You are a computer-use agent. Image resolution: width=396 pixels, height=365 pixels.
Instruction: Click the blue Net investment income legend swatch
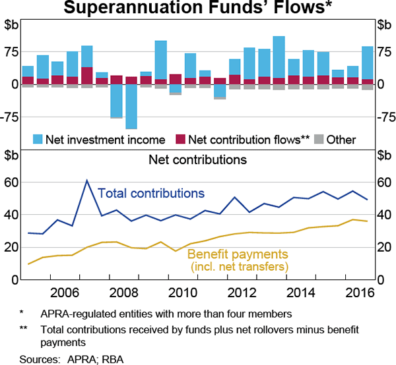(39, 140)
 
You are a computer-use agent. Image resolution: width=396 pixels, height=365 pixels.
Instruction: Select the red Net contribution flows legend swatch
(180, 140)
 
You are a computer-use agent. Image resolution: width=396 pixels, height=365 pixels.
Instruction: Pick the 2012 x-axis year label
(238, 293)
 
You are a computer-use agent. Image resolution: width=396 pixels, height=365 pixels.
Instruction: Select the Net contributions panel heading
(197, 159)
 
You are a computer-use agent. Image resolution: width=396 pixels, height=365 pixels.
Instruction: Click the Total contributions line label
(150, 194)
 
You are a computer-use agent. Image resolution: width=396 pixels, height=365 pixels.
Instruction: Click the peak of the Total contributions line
(86, 180)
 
